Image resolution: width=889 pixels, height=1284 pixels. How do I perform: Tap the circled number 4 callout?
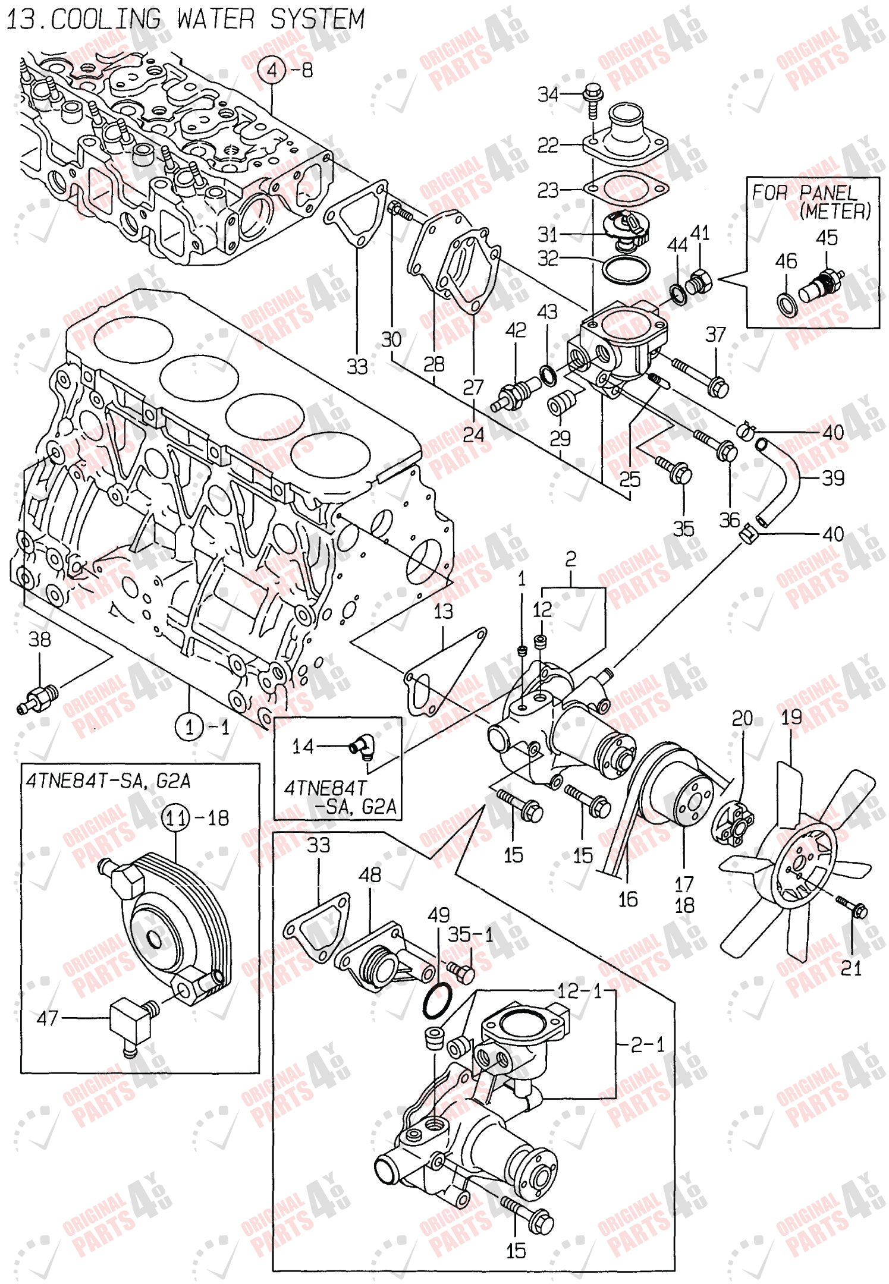(x=272, y=71)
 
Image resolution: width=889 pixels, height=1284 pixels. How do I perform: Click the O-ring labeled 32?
(x=626, y=269)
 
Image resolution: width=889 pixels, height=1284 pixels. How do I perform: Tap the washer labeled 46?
(x=787, y=304)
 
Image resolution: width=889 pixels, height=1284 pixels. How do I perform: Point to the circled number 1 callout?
(x=190, y=726)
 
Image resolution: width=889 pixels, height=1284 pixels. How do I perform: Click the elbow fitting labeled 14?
(x=362, y=747)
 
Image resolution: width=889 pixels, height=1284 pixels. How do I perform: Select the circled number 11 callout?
(x=176, y=818)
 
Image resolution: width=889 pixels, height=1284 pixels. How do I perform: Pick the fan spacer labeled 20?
(x=734, y=822)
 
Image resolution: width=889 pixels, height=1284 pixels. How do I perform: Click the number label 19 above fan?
(x=791, y=717)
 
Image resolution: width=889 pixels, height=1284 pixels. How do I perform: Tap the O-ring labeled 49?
(x=438, y=1000)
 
